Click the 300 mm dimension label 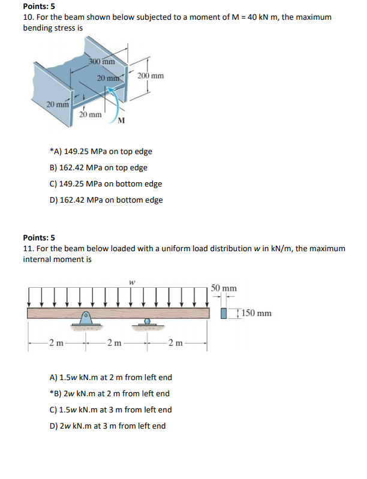pyautogui.click(x=101, y=62)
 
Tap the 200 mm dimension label pyautogui.click(x=150, y=76)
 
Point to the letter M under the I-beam pyautogui.click(x=122, y=122)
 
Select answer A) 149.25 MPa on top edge pyautogui.click(x=100, y=152)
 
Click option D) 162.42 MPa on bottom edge pyautogui.click(x=106, y=200)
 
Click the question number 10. pyautogui.click(x=28, y=18)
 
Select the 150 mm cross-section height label pyautogui.click(x=254, y=313)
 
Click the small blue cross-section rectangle pyautogui.click(x=225, y=313)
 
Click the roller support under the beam pyautogui.click(x=146, y=322)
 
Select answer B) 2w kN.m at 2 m pyautogui.click(x=109, y=394)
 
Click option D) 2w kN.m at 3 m pyautogui.click(x=108, y=426)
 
